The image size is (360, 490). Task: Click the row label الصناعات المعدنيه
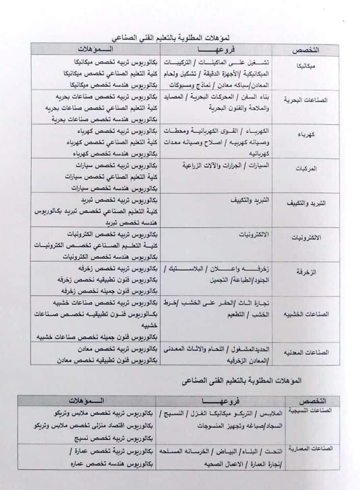[x=304, y=353]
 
